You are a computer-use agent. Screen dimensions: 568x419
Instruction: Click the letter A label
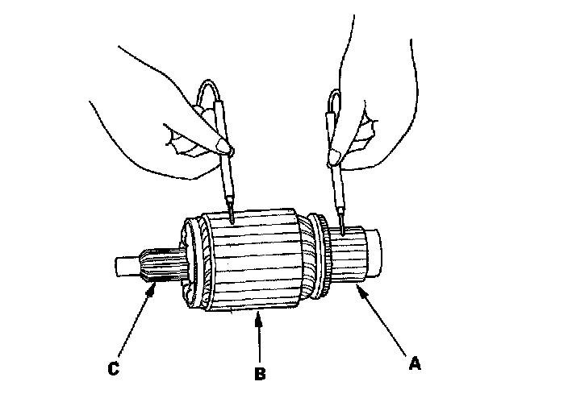(414, 363)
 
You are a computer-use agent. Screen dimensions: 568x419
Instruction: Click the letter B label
(258, 373)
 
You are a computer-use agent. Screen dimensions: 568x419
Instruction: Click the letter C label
(114, 370)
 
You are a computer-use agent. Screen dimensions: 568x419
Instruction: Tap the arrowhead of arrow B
(258, 316)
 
